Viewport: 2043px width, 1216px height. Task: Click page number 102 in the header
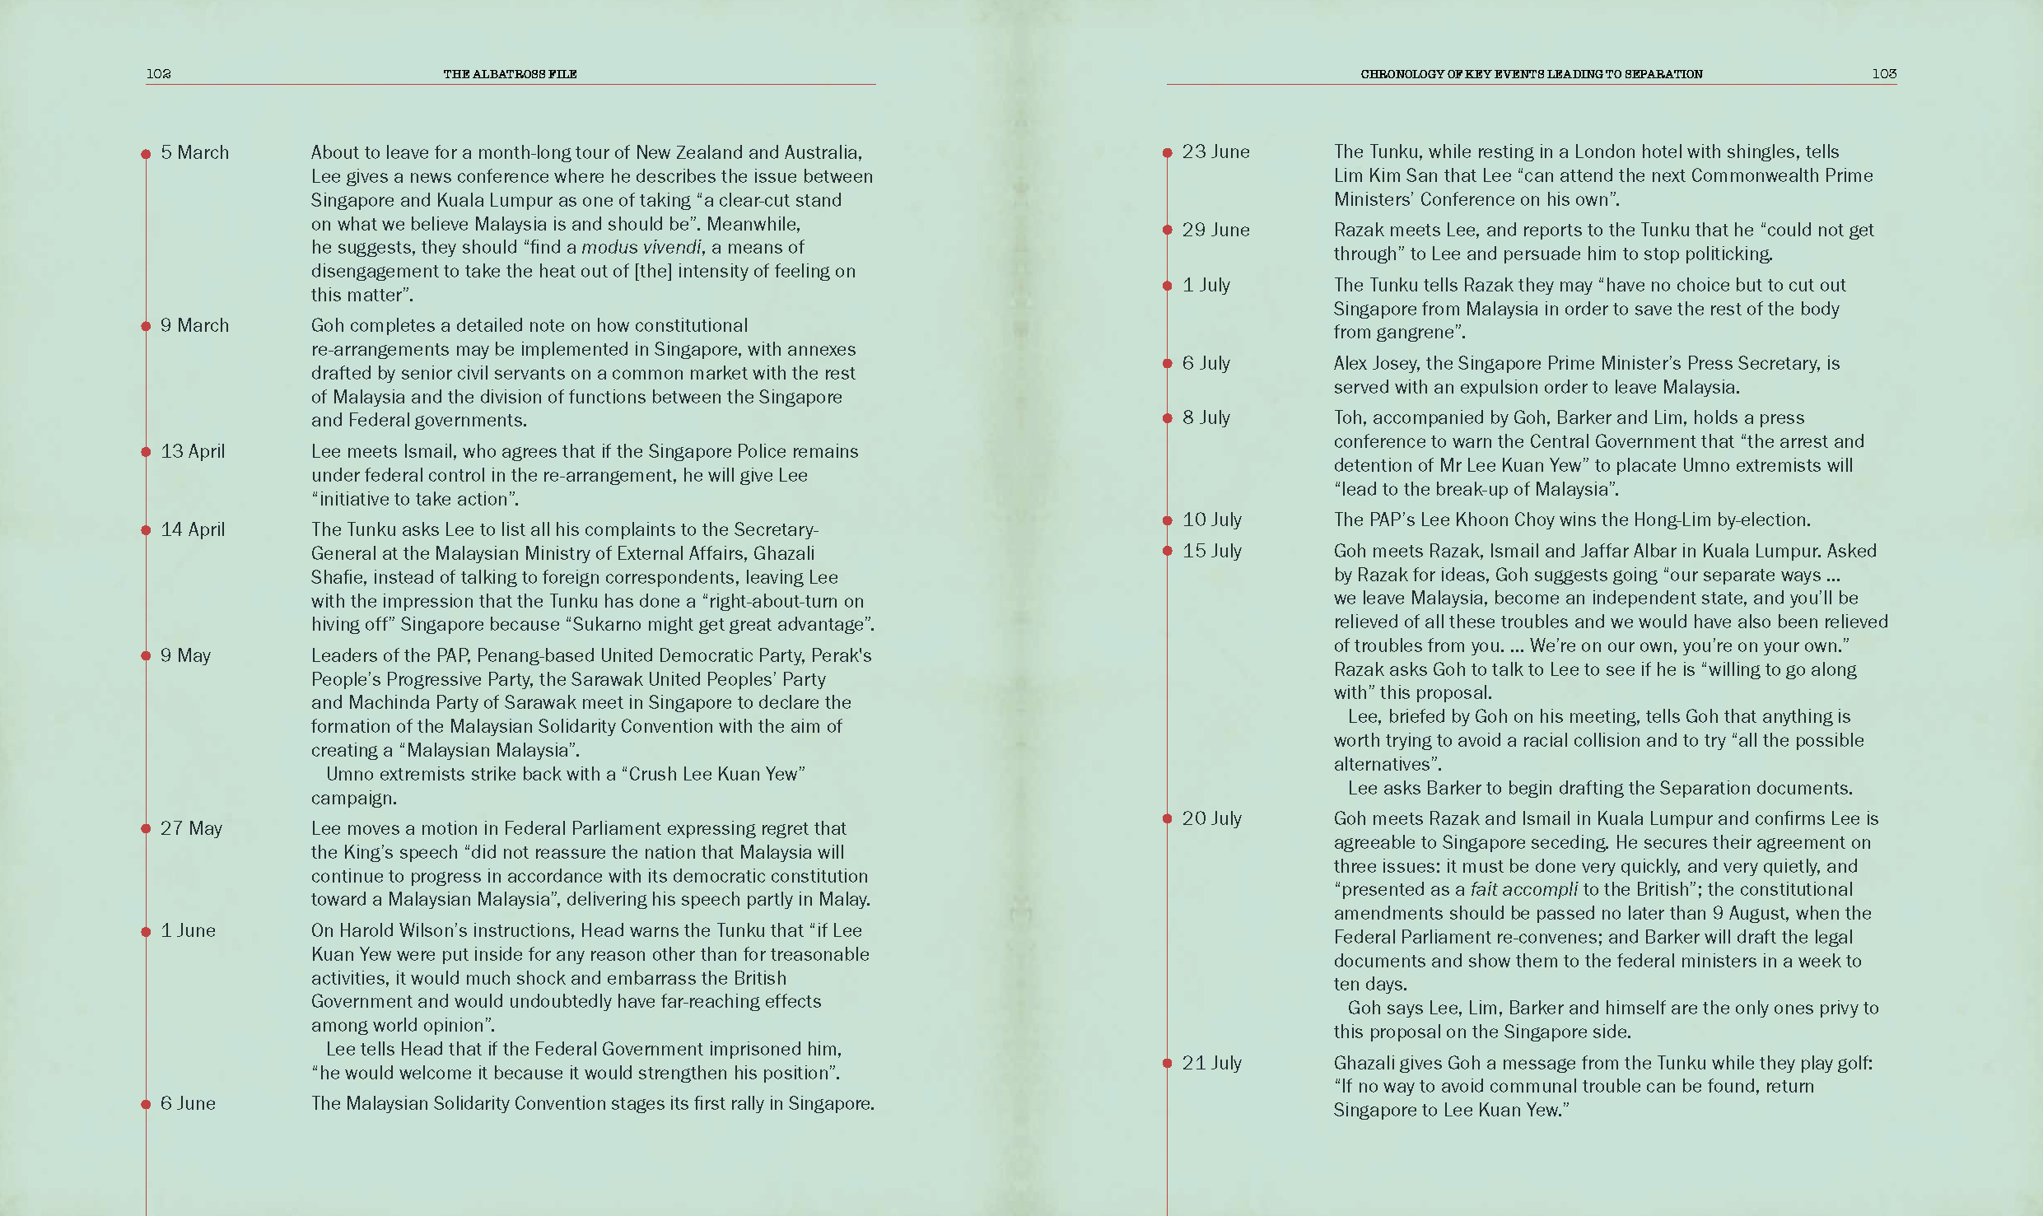click(158, 73)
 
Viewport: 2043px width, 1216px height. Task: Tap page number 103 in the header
click(1884, 73)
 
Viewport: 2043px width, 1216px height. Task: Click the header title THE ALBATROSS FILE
click(510, 73)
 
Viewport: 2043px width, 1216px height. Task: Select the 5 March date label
click(194, 152)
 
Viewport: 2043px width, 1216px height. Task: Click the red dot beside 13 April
click(146, 452)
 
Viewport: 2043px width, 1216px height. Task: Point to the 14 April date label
click(192, 529)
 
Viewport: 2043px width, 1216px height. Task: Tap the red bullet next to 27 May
click(146, 829)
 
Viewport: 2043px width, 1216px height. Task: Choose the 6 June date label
click(188, 1103)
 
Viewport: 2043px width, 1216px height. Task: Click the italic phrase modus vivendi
click(641, 247)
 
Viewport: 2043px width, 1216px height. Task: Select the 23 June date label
click(1215, 151)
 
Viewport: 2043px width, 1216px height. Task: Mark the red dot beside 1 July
click(1167, 286)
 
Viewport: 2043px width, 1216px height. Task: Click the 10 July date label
click(1211, 519)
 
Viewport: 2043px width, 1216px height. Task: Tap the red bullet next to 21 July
click(1167, 1064)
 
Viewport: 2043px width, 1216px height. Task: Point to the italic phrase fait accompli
click(1523, 889)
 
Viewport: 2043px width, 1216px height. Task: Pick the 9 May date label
click(185, 655)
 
